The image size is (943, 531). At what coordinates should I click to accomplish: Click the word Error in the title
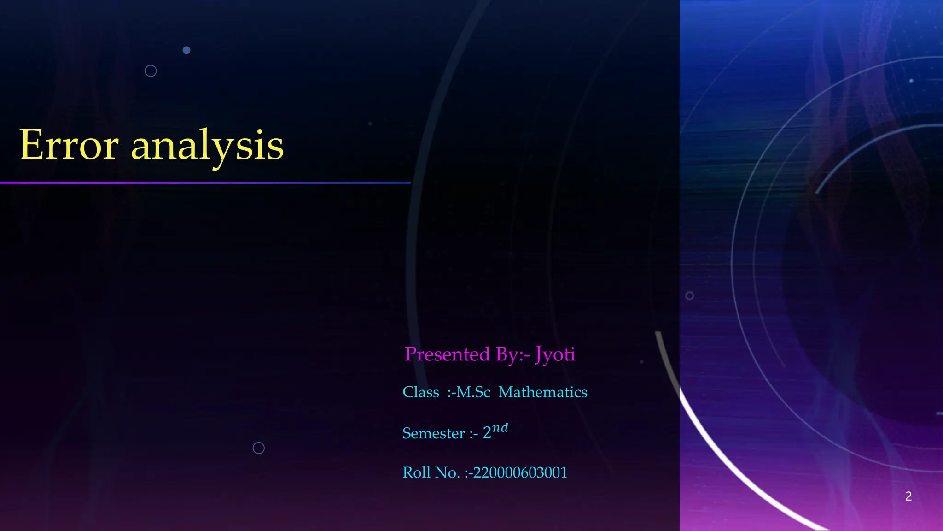[69, 145]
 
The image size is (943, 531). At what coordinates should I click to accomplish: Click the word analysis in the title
[207, 147]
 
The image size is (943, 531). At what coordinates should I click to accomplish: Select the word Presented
[447, 354]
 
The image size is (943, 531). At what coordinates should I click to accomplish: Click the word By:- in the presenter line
[513, 354]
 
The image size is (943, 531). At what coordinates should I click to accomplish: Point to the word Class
[421, 392]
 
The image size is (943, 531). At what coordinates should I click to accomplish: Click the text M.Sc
[473, 392]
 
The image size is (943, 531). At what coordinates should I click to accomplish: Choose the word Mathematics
[543, 392]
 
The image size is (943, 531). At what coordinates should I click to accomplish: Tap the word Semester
[433, 433]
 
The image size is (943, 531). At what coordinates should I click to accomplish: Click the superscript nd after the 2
[500, 428]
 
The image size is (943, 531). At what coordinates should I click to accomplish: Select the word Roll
[416, 472]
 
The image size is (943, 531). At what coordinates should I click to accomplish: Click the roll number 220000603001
[520, 472]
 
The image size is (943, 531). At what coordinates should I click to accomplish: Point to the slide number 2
[908, 496]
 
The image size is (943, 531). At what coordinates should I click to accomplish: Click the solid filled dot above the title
[186, 50]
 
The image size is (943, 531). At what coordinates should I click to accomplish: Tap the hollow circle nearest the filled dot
[151, 71]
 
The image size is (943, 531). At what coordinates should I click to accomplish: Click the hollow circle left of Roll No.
[259, 448]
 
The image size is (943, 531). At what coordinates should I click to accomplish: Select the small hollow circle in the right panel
[689, 296]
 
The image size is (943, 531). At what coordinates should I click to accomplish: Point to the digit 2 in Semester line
[487, 433]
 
